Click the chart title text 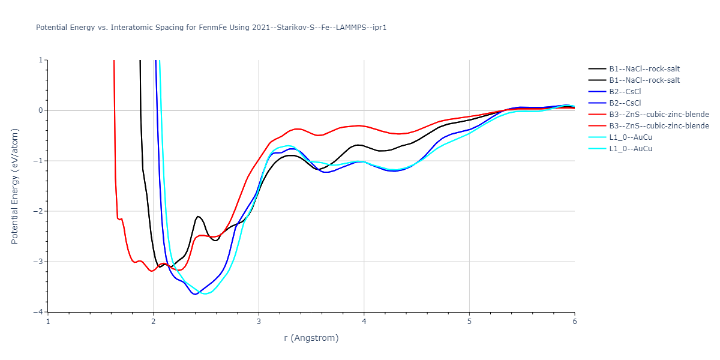[211, 28]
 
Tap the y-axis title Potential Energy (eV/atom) [16, 186]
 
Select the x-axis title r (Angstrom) [311, 338]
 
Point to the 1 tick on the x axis [48, 321]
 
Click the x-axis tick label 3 [259, 321]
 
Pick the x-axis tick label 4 [364, 321]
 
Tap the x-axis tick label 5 [469, 321]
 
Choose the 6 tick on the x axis [574, 321]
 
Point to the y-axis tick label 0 [40, 110]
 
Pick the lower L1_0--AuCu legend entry [631, 149]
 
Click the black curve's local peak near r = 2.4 [197, 216]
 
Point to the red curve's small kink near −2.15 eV [121, 219]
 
